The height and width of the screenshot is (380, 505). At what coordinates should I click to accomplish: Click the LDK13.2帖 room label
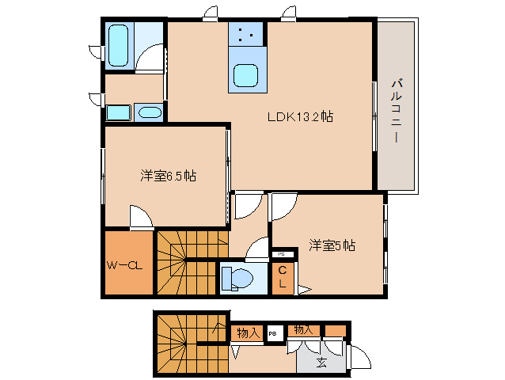click(298, 117)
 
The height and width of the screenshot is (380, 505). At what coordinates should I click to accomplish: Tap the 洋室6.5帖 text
click(168, 176)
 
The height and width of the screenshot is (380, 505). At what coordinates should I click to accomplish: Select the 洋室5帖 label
click(332, 245)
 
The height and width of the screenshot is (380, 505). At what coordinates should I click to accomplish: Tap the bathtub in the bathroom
click(119, 44)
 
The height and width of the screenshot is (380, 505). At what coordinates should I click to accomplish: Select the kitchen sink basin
click(246, 75)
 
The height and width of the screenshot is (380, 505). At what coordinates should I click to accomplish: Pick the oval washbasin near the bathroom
click(148, 112)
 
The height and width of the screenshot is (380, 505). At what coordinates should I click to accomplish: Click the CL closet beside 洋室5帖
click(283, 276)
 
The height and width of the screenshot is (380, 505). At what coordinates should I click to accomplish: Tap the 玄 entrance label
click(321, 363)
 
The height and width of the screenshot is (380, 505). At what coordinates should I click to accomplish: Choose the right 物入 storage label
click(302, 329)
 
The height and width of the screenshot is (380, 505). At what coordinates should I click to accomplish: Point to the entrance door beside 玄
click(359, 357)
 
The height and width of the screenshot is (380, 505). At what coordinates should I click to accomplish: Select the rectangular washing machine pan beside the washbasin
click(118, 112)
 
